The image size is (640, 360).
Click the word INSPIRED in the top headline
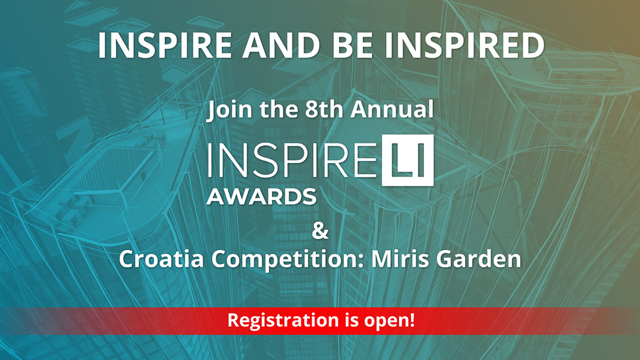click(x=465, y=45)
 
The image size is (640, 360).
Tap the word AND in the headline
click(x=281, y=45)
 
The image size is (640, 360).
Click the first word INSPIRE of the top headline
click(x=164, y=45)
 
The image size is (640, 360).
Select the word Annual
click(x=392, y=109)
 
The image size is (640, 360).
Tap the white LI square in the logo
click(x=408, y=161)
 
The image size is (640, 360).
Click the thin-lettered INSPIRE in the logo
click(x=292, y=161)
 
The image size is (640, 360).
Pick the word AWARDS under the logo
click(x=261, y=197)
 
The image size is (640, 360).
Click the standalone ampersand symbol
click(x=320, y=231)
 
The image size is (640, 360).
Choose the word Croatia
click(x=161, y=259)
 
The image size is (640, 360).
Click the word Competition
click(x=287, y=260)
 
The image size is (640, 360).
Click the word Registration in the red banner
click(x=283, y=321)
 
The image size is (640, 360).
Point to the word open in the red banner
click(x=386, y=322)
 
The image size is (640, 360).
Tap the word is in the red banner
click(x=351, y=320)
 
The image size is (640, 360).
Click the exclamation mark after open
click(x=412, y=319)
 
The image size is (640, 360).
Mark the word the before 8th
click(x=279, y=109)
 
